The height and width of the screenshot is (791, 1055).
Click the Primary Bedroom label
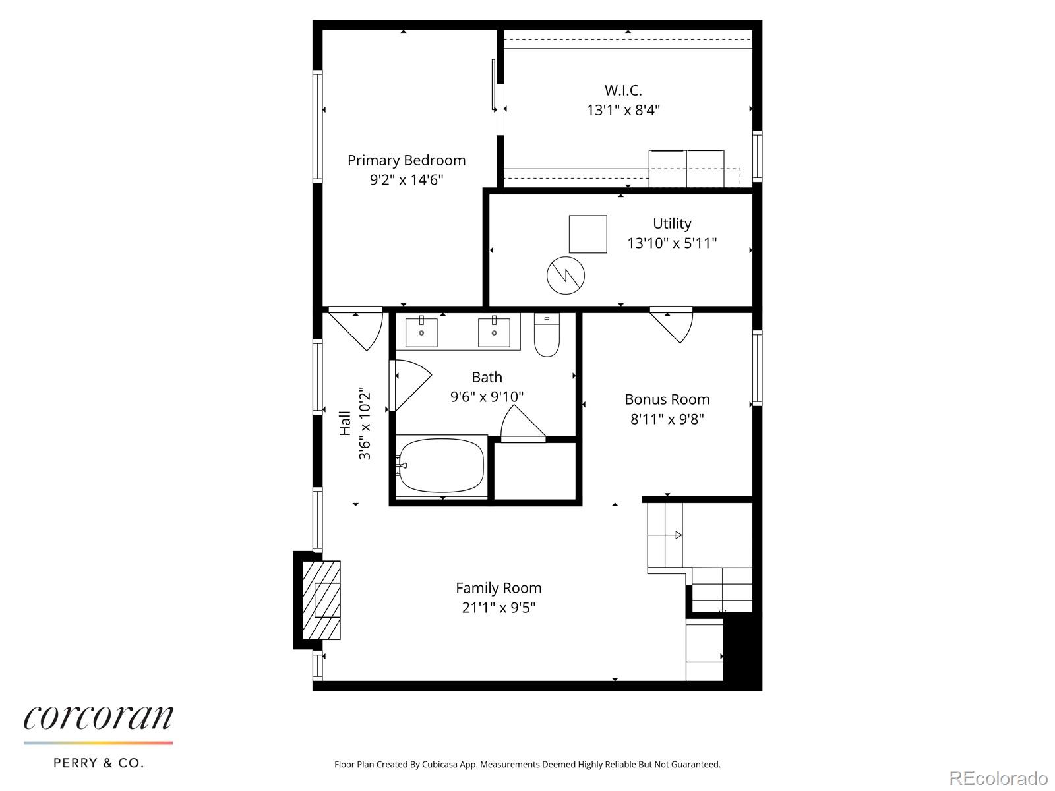406,160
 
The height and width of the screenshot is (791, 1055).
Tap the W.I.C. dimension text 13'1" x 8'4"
623,110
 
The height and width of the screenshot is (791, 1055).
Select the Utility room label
671,223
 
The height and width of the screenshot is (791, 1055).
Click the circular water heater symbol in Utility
566,274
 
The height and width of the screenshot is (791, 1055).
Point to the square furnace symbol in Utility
588,234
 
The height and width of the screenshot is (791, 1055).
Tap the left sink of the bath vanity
421,332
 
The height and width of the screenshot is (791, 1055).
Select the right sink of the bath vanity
494,332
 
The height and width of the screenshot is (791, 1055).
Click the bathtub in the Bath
441,465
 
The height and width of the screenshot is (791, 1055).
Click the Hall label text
345,423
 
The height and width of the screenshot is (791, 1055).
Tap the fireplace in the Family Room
321,599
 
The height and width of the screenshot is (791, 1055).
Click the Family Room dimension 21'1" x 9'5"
498,608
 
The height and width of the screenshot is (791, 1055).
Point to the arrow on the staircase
677,535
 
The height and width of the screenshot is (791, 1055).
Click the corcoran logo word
99,718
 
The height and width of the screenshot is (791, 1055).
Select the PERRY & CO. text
98,763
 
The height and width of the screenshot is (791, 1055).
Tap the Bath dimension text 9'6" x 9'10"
487,397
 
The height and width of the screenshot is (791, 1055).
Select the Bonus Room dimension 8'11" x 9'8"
667,419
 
